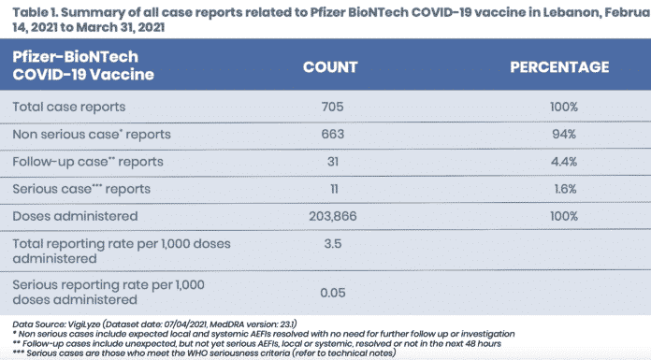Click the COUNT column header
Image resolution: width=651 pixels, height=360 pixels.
pos(330,67)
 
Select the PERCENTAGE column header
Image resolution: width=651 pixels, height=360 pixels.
pos(559,67)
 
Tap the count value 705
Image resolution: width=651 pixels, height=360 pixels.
pos(333,107)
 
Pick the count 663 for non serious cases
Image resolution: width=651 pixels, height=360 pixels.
pos(333,134)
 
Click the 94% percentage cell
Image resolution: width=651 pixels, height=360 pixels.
pos(564,134)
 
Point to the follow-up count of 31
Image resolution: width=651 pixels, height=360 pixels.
pos(333,162)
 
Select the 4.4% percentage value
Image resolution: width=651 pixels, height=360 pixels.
pos(564,162)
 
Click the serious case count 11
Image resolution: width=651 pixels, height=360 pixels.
pos(334,189)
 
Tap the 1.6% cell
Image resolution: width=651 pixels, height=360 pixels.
pos(565,189)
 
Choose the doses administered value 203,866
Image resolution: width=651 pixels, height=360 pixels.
pos(333,216)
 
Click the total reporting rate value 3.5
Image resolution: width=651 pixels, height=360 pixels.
pos(333,244)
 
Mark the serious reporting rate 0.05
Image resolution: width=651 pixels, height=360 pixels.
pos(333,294)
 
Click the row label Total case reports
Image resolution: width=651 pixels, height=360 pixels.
pos(69,107)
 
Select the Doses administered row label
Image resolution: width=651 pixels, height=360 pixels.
pos(75,216)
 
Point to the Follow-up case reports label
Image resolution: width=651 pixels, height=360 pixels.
pos(88,162)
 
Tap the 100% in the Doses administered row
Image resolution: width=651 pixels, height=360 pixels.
pos(564,216)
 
